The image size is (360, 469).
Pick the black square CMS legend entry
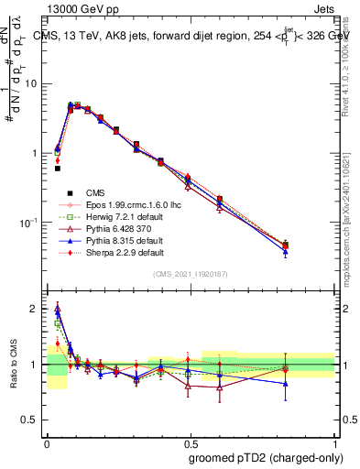pos(96,192)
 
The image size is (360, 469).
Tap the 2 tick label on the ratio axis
pos(38,309)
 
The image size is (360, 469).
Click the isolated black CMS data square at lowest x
pos(58,169)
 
